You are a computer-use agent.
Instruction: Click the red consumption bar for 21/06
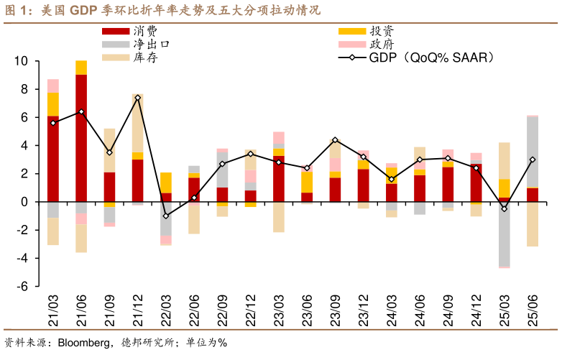81,137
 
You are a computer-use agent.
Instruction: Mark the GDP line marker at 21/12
137,98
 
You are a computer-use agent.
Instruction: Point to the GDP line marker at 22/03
166,216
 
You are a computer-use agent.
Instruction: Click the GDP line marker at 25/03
505,208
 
